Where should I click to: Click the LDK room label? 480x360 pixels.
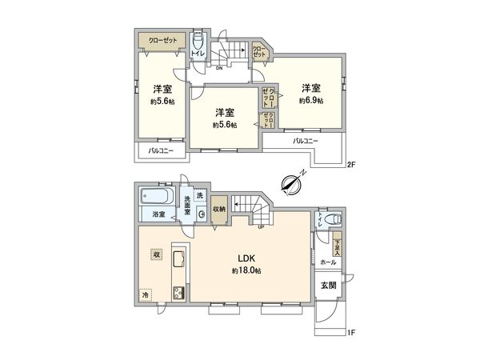pyautogui.click(x=246, y=258)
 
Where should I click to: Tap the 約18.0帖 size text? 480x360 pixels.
pyautogui.click(x=246, y=270)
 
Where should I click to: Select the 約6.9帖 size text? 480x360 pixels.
pyautogui.click(x=311, y=101)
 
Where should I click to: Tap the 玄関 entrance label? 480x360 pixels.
pyautogui.click(x=329, y=286)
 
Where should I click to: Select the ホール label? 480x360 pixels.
pyautogui.click(x=329, y=262)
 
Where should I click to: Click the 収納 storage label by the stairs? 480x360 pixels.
pyautogui.click(x=219, y=209)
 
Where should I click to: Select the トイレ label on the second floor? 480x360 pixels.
pyautogui.click(x=197, y=54)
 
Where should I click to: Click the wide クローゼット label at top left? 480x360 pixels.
pyautogui.click(x=163, y=39)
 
